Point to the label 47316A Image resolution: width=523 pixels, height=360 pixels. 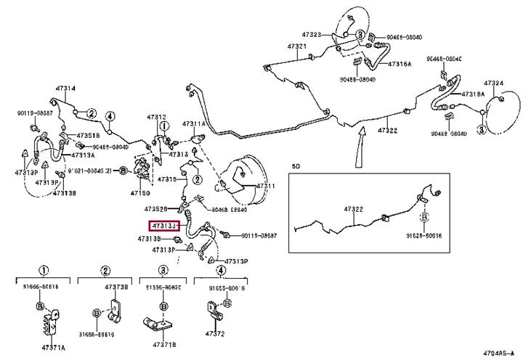400,64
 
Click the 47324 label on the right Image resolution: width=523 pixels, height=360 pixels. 494,83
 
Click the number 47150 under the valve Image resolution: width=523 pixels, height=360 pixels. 140,195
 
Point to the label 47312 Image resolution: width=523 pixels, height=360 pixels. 156,117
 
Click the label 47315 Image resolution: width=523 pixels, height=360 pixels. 167,179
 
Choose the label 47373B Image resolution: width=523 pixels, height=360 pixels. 116,287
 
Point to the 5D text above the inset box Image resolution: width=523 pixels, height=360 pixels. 296,166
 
